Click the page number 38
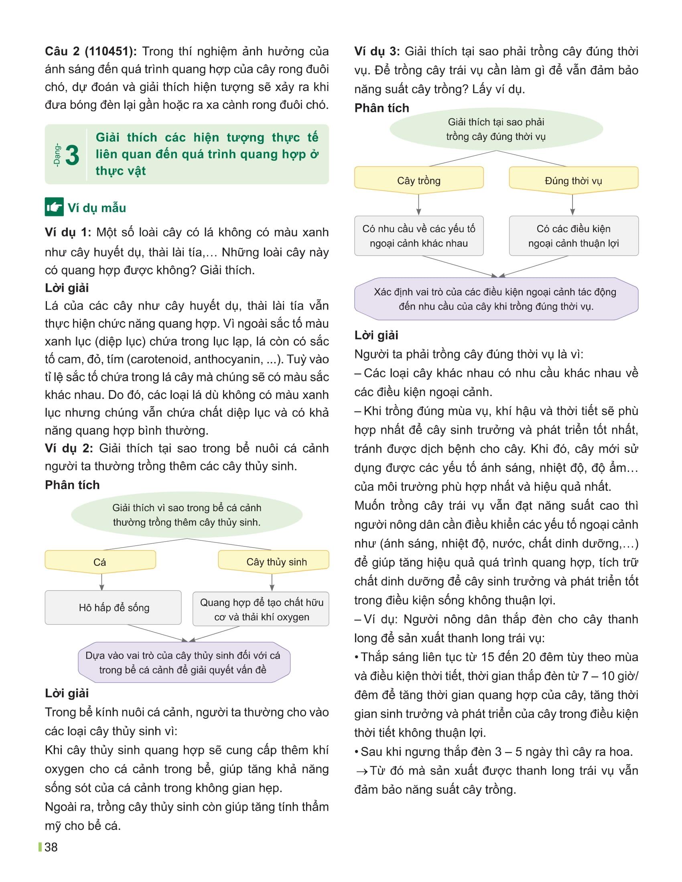51,847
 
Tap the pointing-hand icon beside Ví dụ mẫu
54,207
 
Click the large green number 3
72,156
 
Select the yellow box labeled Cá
100,562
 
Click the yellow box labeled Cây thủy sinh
274,562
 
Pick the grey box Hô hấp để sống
113,607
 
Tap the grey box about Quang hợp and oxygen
261,609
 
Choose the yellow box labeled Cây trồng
418,180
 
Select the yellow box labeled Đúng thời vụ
573,180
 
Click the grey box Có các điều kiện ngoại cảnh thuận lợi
573,236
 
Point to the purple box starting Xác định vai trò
496,299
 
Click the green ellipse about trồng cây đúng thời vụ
496,129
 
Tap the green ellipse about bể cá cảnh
187,515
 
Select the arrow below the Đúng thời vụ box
572,204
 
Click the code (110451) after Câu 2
111,51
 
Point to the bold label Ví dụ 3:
377,51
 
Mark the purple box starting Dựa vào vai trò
183,662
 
